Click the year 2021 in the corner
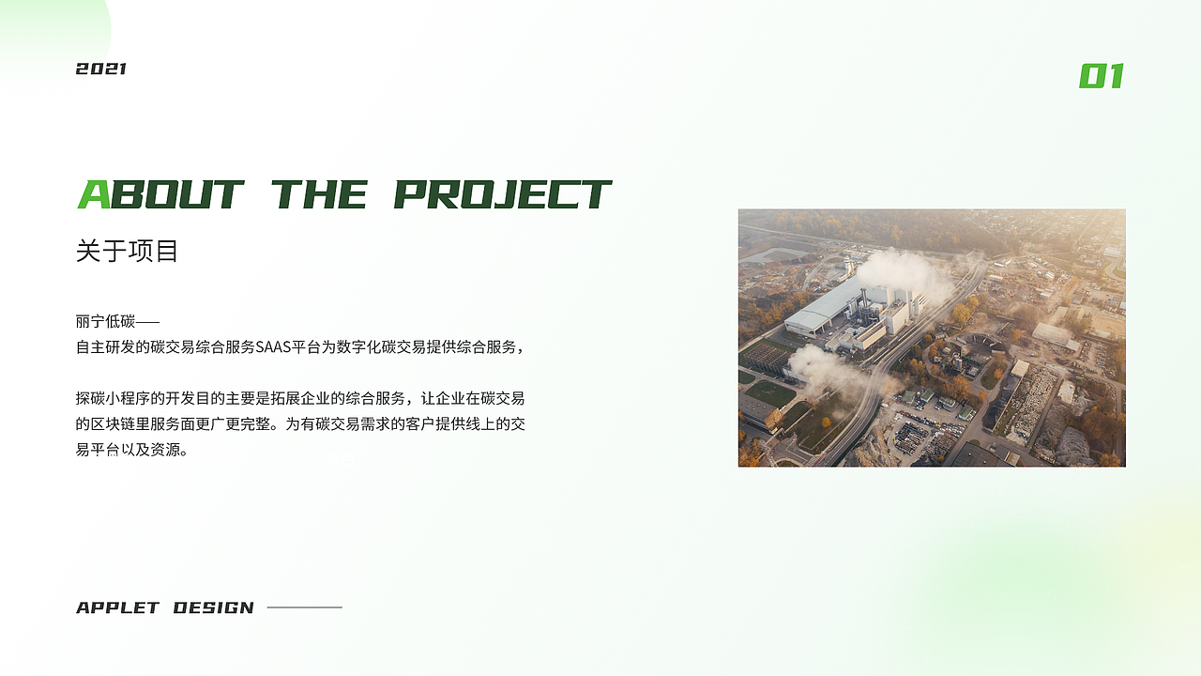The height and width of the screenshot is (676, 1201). click(x=101, y=69)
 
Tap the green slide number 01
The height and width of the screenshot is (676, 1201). click(x=1102, y=76)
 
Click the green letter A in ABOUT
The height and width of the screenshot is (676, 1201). click(x=94, y=194)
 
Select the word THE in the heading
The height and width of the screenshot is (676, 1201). click(x=319, y=194)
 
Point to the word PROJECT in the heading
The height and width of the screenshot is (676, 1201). click(x=502, y=194)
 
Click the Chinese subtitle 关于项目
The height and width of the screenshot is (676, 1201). click(x=127, y=252)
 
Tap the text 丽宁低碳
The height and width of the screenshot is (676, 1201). click(x=106, y=321)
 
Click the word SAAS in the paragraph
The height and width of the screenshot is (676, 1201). click(x=275, y=347)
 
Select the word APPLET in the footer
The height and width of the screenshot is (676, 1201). click(x=118, y=607)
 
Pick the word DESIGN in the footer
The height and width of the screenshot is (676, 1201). click(x=214, y=607)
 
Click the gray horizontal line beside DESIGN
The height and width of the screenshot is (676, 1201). click(x=305, y=607)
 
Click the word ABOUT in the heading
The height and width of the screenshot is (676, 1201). click(x=161, y=194)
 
